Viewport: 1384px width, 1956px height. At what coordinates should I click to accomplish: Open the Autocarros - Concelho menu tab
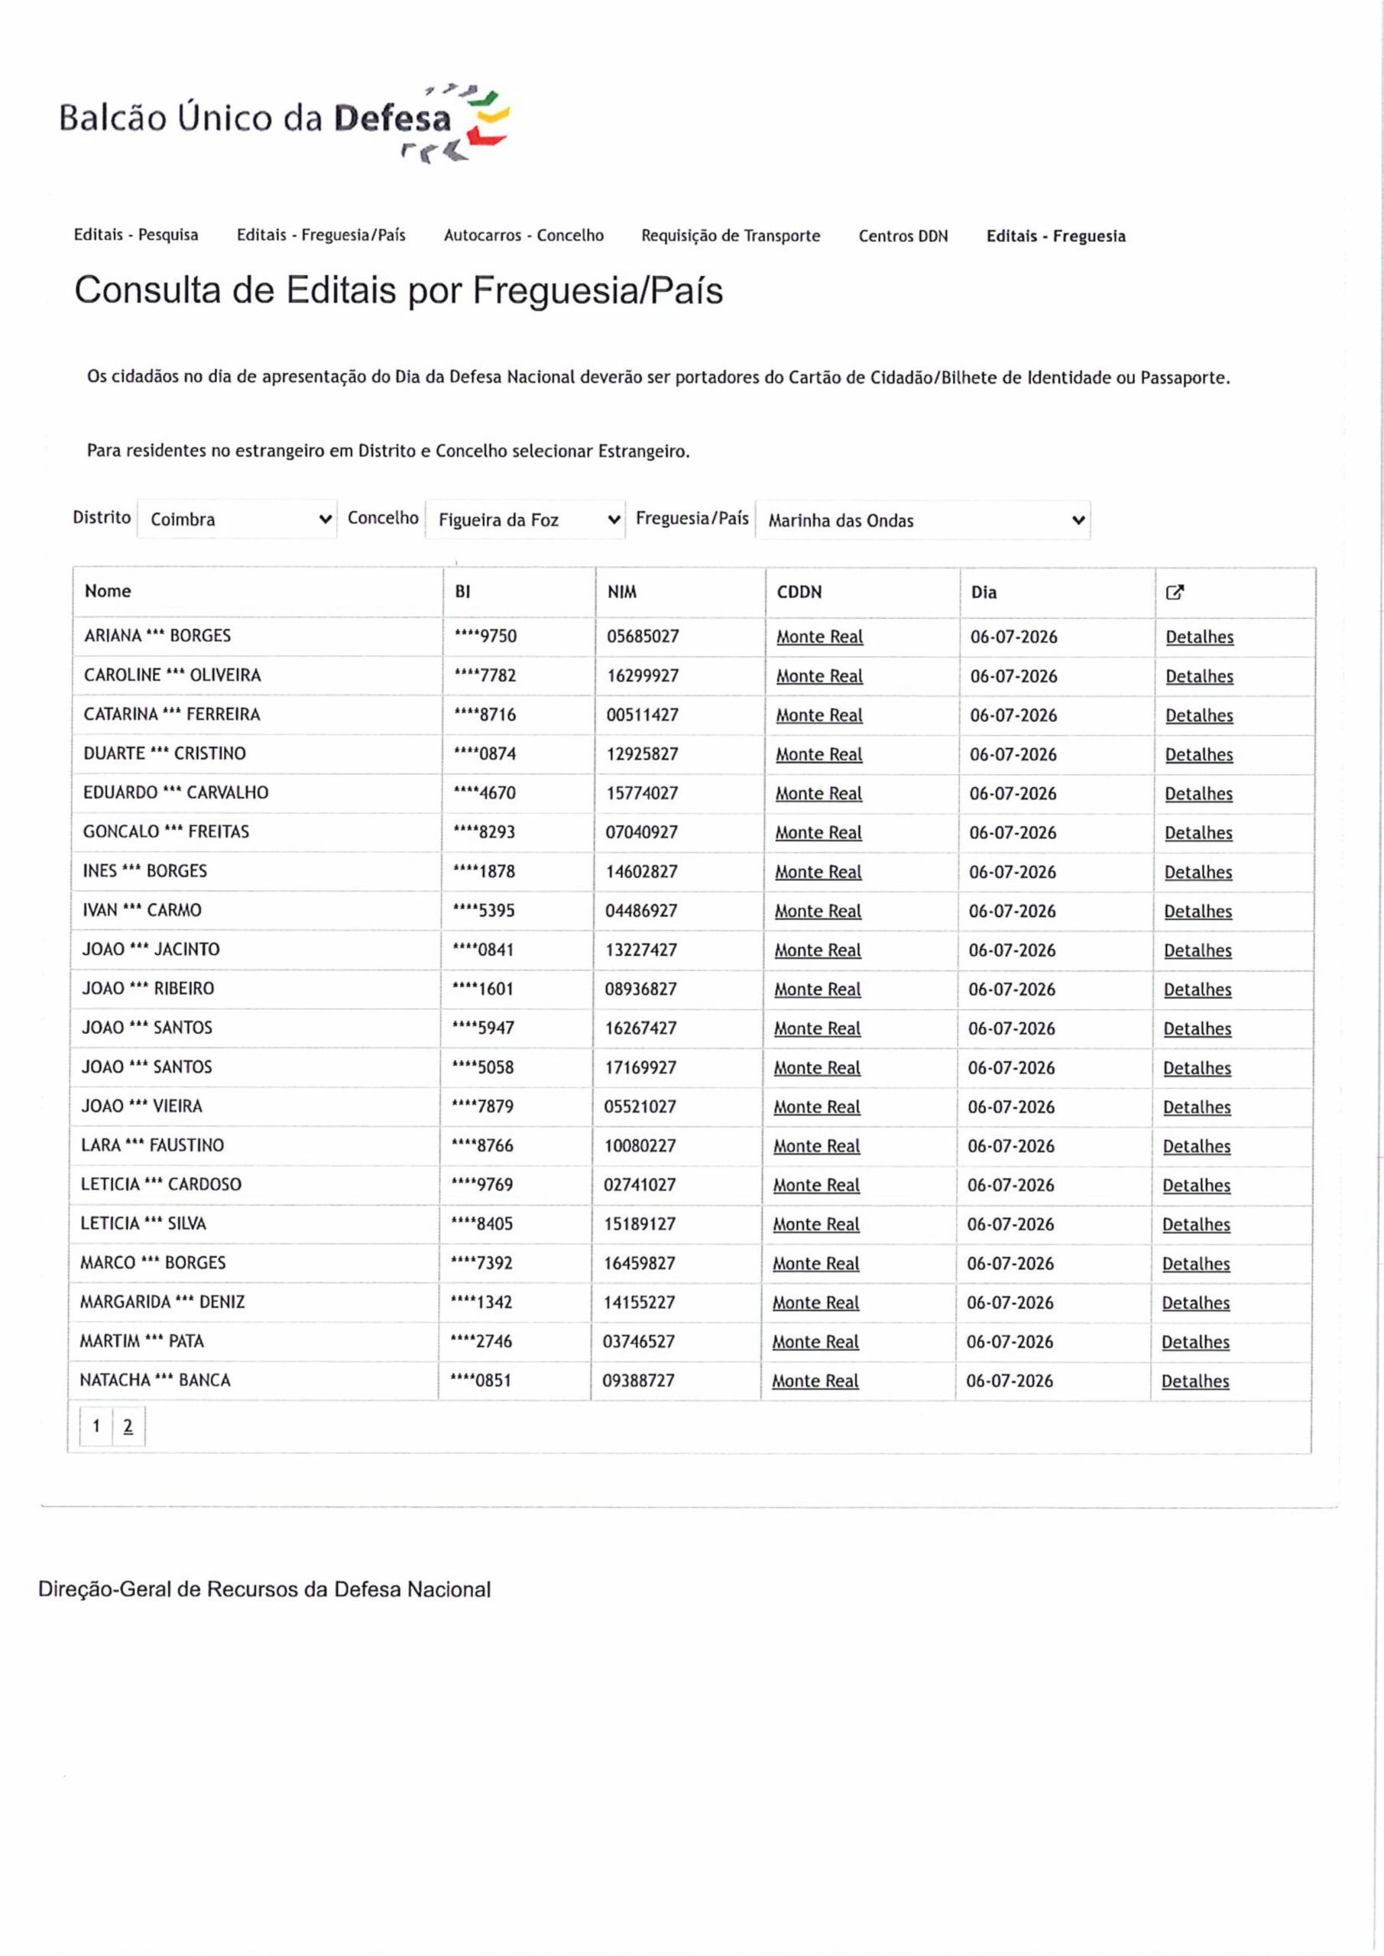pos(523,236)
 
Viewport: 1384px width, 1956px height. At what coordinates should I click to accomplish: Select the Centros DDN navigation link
pos(903,237)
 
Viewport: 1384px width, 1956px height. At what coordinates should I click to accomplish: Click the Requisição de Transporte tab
pos(731,236)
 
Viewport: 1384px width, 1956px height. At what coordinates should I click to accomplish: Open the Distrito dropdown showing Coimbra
pos(237,520)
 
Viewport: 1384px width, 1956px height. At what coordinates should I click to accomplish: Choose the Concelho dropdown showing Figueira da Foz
pos(525,520)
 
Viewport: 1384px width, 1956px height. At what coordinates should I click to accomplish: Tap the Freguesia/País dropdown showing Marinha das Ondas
pos(922,520)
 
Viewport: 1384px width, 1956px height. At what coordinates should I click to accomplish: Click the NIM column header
pos(621,592)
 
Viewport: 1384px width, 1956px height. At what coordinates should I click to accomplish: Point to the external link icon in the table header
pos(1175,592)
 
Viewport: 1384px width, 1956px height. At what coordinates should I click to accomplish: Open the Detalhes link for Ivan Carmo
pos(1198,912)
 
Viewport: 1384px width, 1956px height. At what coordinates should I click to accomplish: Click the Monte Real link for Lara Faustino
pos(816,1147)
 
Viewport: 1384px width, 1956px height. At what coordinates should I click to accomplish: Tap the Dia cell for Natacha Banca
pos(1009,1381)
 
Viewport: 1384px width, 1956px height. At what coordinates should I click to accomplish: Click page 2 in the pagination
pos(128,1426)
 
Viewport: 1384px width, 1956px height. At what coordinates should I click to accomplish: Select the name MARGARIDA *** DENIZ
pos(162,1302)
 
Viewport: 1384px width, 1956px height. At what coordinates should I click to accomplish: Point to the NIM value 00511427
pos(642,714)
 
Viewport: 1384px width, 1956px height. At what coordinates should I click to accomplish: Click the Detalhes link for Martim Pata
pos(1194,1342)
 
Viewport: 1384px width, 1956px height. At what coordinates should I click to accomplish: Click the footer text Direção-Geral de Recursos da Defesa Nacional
pos(264,1590)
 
